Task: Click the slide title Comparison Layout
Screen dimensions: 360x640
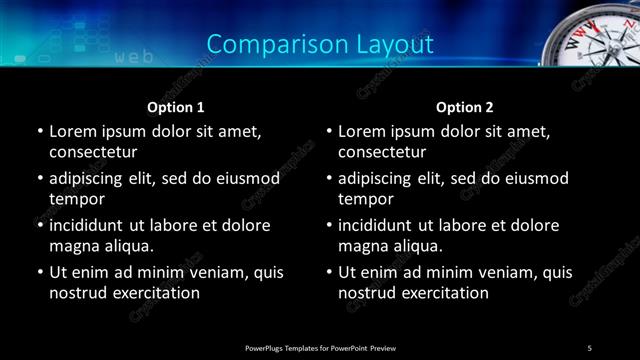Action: point(320,44)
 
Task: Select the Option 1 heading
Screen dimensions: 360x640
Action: point(176,106)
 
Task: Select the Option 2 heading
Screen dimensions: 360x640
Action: point(465,106)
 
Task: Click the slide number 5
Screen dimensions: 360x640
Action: point(590,347)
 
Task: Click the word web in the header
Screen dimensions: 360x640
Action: point(134,57)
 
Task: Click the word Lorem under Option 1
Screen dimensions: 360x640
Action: point(74,131)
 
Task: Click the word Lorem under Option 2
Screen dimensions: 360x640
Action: point(363,131)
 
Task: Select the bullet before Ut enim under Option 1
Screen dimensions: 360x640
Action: point(39,272)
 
